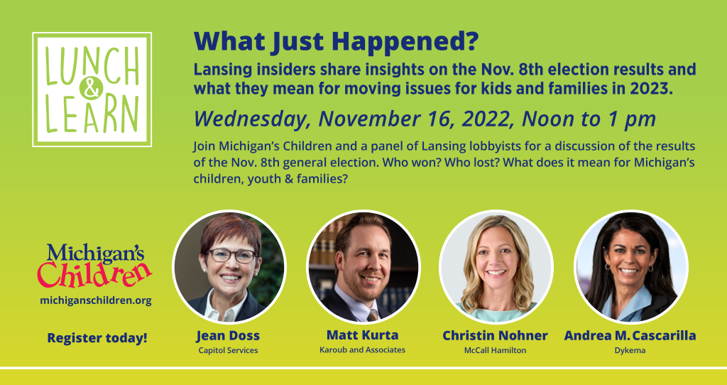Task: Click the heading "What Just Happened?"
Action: point(336,42)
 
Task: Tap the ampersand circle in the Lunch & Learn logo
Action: point(92,88)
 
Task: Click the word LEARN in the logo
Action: point(92,115)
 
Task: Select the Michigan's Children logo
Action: point(94,266)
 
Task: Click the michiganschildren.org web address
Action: point(96,300)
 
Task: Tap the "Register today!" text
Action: point(97,337)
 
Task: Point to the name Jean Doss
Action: point(228,335)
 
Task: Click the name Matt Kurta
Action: point(362,335)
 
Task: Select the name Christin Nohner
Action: point(495,335)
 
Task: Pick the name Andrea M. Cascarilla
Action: point(630,335)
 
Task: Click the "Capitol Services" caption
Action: point(228,350)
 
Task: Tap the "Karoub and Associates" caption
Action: point(362,349)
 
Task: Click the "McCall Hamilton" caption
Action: point(495,350)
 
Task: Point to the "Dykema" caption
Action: point(630,350)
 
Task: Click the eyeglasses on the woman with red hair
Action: point(231,255)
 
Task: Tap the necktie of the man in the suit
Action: point(373,315)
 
